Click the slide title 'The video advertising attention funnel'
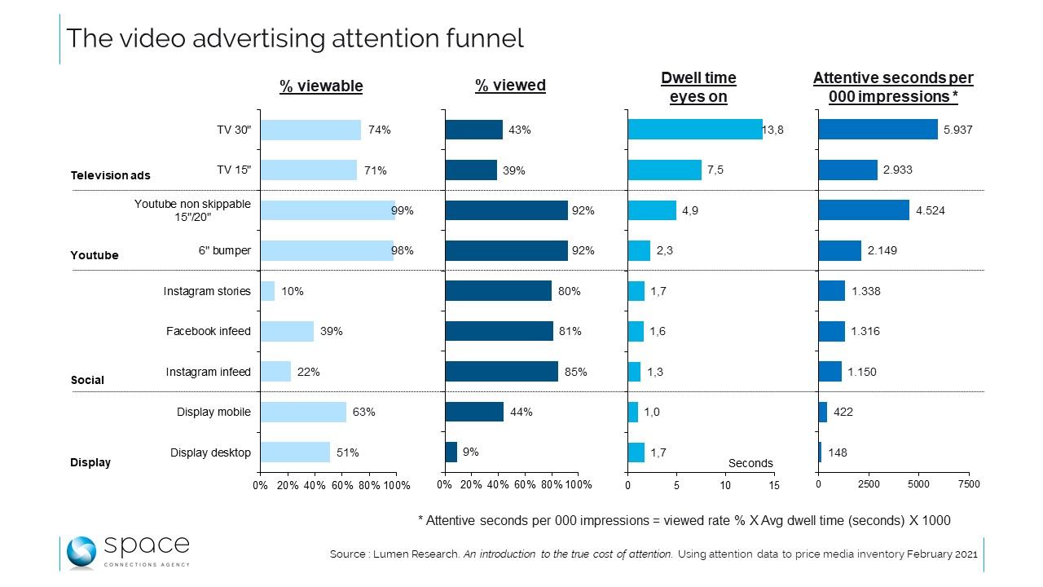tap(294, 38)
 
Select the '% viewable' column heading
tap(321, 86)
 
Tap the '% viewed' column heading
tap(510, 86)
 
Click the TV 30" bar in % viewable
tap(310, 130)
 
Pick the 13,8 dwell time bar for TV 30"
tap(694, 130)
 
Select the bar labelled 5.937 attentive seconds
tap(878, 130)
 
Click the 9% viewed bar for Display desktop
tap(451, 452)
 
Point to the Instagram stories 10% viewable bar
tap(267, 291)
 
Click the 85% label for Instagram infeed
tap(575, 372)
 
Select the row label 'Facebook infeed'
tap(209, 331)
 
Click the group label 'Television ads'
tap(110, 175)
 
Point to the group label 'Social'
tap(87, 380)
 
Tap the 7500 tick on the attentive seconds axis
tap(968, 485)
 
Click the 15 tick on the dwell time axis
tap(774, 485)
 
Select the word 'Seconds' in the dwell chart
tap(750, 463)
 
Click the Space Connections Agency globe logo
tap(81, 552)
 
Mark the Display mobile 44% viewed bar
tap(474, 412)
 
